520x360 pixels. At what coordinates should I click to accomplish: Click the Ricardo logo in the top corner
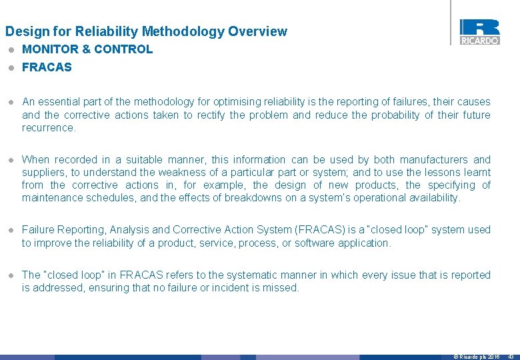[479, 31]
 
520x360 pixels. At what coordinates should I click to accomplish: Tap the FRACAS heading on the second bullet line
[47, 67]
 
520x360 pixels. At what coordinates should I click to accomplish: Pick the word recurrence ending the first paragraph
[48, 128]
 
